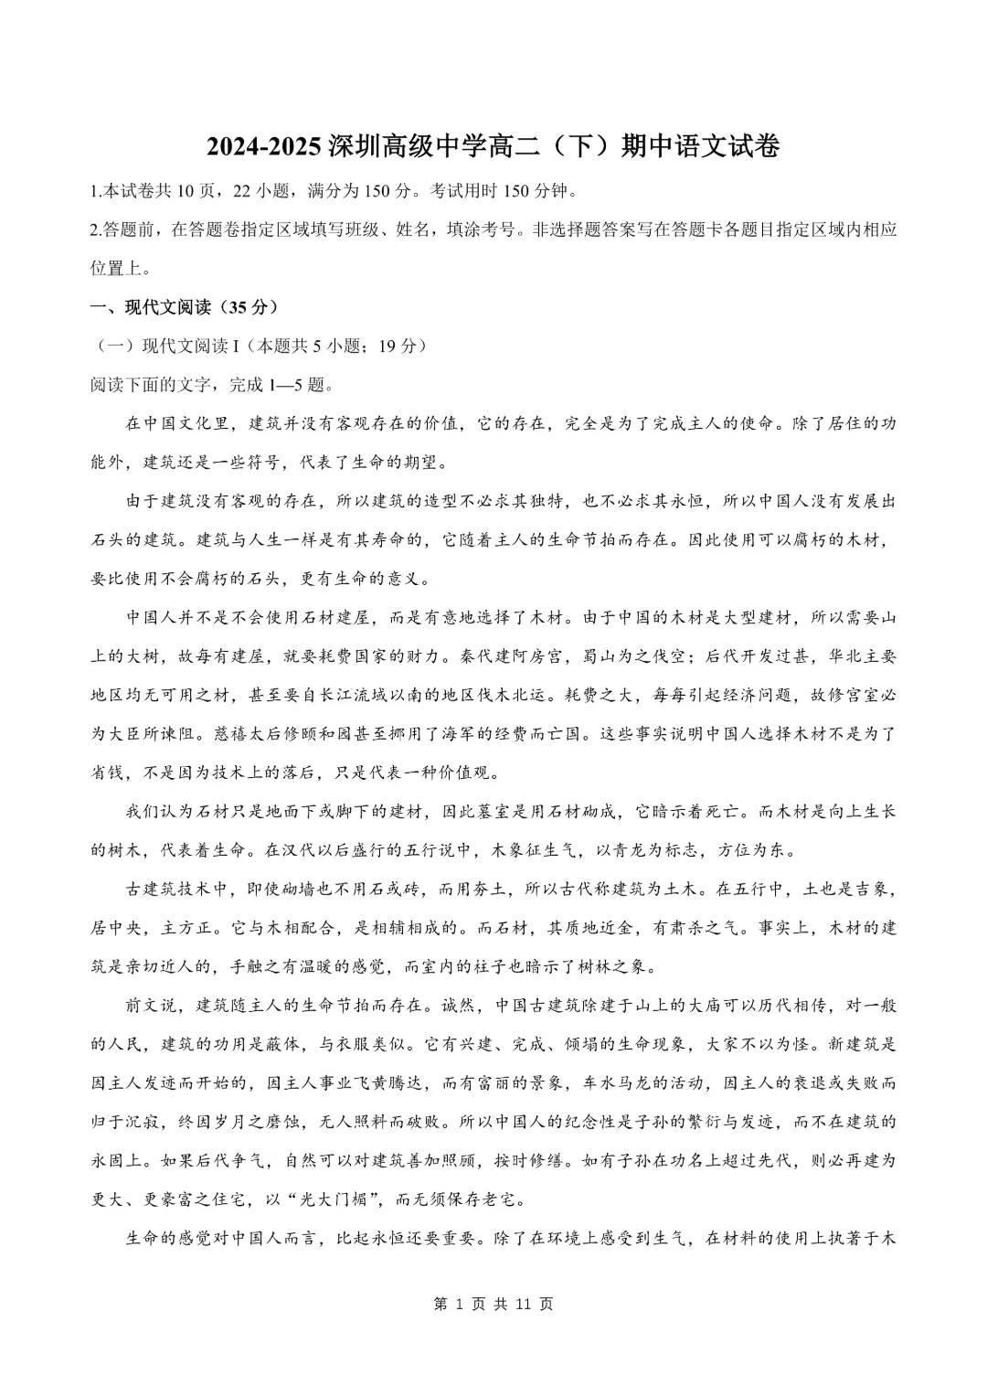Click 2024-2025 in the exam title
click(x=264, y=146)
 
